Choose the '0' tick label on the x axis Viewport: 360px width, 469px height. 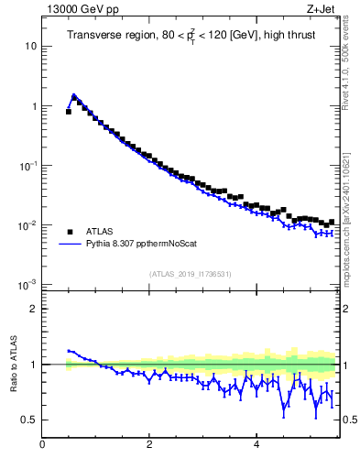coord(42,445)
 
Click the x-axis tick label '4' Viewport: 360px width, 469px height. coord(256,445)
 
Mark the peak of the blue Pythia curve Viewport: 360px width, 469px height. coord(73,94)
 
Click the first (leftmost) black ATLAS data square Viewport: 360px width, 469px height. coord(68,112)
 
